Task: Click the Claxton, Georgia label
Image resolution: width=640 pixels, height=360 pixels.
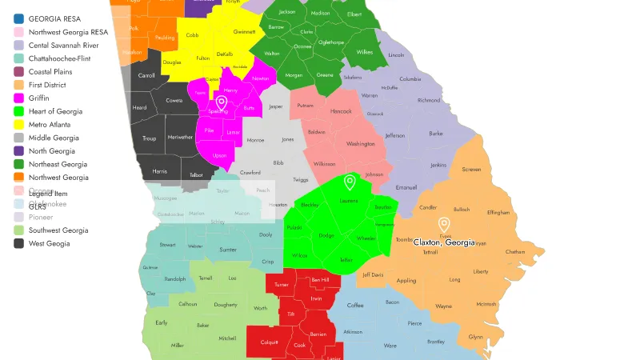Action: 444,242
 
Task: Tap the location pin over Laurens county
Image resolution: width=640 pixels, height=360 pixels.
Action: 349,183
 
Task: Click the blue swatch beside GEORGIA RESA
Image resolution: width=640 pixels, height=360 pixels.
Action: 18,18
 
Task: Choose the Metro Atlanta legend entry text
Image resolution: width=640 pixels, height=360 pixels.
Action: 50,124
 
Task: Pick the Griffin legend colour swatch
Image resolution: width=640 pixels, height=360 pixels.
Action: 18,98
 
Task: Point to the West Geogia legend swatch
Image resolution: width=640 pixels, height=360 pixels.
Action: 18,243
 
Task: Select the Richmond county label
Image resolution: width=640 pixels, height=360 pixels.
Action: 429,100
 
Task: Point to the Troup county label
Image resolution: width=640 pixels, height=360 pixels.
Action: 150,138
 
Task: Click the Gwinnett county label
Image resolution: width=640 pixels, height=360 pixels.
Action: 244,32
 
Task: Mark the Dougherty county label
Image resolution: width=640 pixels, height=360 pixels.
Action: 226,305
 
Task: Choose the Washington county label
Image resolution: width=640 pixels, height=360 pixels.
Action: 361,144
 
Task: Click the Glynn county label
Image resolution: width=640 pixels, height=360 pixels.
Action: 475,337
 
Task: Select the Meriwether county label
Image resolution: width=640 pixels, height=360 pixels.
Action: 181,137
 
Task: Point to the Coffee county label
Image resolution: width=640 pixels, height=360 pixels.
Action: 355,306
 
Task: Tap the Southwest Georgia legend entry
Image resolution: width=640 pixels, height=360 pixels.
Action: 58,230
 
